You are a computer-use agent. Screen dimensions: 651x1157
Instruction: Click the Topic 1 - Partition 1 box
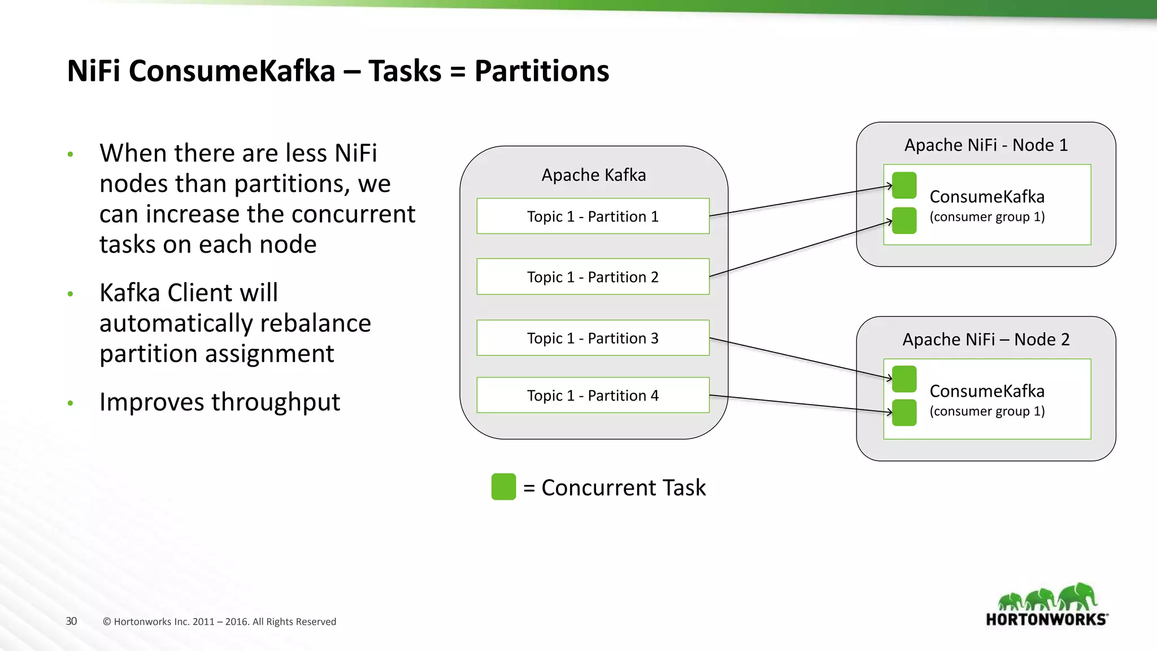coord(593,216)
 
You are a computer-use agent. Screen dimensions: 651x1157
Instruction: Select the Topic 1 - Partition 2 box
coord(593,277)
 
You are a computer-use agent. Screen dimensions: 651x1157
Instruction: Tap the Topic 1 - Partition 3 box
coord(593,338)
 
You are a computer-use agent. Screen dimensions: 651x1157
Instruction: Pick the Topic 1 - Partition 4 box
coord(593,395)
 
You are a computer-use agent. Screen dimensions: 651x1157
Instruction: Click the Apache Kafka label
coord(593,175)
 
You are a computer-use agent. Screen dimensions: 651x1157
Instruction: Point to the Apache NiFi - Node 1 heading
coord(986,145)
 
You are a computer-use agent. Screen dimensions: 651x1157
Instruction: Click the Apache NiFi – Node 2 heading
coord(986,340)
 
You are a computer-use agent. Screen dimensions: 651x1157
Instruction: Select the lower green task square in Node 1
coord(904,220)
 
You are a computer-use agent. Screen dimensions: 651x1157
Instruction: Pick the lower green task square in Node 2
coord(904,413)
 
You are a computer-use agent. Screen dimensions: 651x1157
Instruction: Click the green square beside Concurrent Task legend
coord(503,487)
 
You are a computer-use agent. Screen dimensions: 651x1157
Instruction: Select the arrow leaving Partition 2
coord(799,249)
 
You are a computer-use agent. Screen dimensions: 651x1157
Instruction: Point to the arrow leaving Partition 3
coord(799,358)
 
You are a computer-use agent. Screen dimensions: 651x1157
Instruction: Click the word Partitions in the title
coord(541,71)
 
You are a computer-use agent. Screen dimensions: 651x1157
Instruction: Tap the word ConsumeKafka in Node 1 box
coord(986,197)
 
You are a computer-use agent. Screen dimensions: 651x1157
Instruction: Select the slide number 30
coord(71,621)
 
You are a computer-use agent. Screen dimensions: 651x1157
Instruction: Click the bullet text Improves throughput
coord(219,402)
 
